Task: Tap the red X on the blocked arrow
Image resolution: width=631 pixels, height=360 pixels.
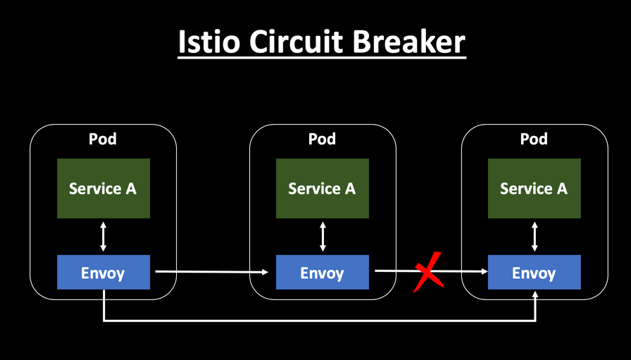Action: pyautogui.click(x=428, y=271)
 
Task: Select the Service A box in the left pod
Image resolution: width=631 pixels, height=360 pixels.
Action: pyautogui.click(x=103, y=188)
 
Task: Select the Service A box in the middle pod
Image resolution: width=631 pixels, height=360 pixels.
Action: pyautogui.click(x=322, y=188)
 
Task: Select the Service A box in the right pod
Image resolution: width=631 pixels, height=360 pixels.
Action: pyautogui.click(x=534, y=188)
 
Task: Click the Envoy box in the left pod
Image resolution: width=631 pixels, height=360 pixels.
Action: pyautogui.click(x=103, y=273)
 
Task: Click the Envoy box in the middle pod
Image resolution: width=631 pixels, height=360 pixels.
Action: pyautogui.click(x=322, y=273)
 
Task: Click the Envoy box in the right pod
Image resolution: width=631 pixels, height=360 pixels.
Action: pyautogui.click(x=534, y=273)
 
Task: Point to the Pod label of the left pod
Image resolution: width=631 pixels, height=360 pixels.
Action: pyautogui.click(x=103, y=139)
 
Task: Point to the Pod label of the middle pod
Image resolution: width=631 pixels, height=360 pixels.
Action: pyautogui.click(x=322, y=139)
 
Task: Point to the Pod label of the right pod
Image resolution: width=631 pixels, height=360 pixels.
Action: pyautogui.click(x=534, y=139)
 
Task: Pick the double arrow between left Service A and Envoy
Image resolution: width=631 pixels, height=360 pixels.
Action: pyautogui.click(x=104, y=237)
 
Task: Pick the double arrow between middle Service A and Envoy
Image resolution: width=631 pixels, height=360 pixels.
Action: pyautogui.click(x=323, y=237)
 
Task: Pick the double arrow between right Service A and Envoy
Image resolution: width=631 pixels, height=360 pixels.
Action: pyautogui.click(x=535, y=237)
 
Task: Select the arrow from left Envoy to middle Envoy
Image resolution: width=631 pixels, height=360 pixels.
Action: pyautogui.click(x=211, y=271)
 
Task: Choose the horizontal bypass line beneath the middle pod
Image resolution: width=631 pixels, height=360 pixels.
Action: pyautogui.click(x=322, y=321)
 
